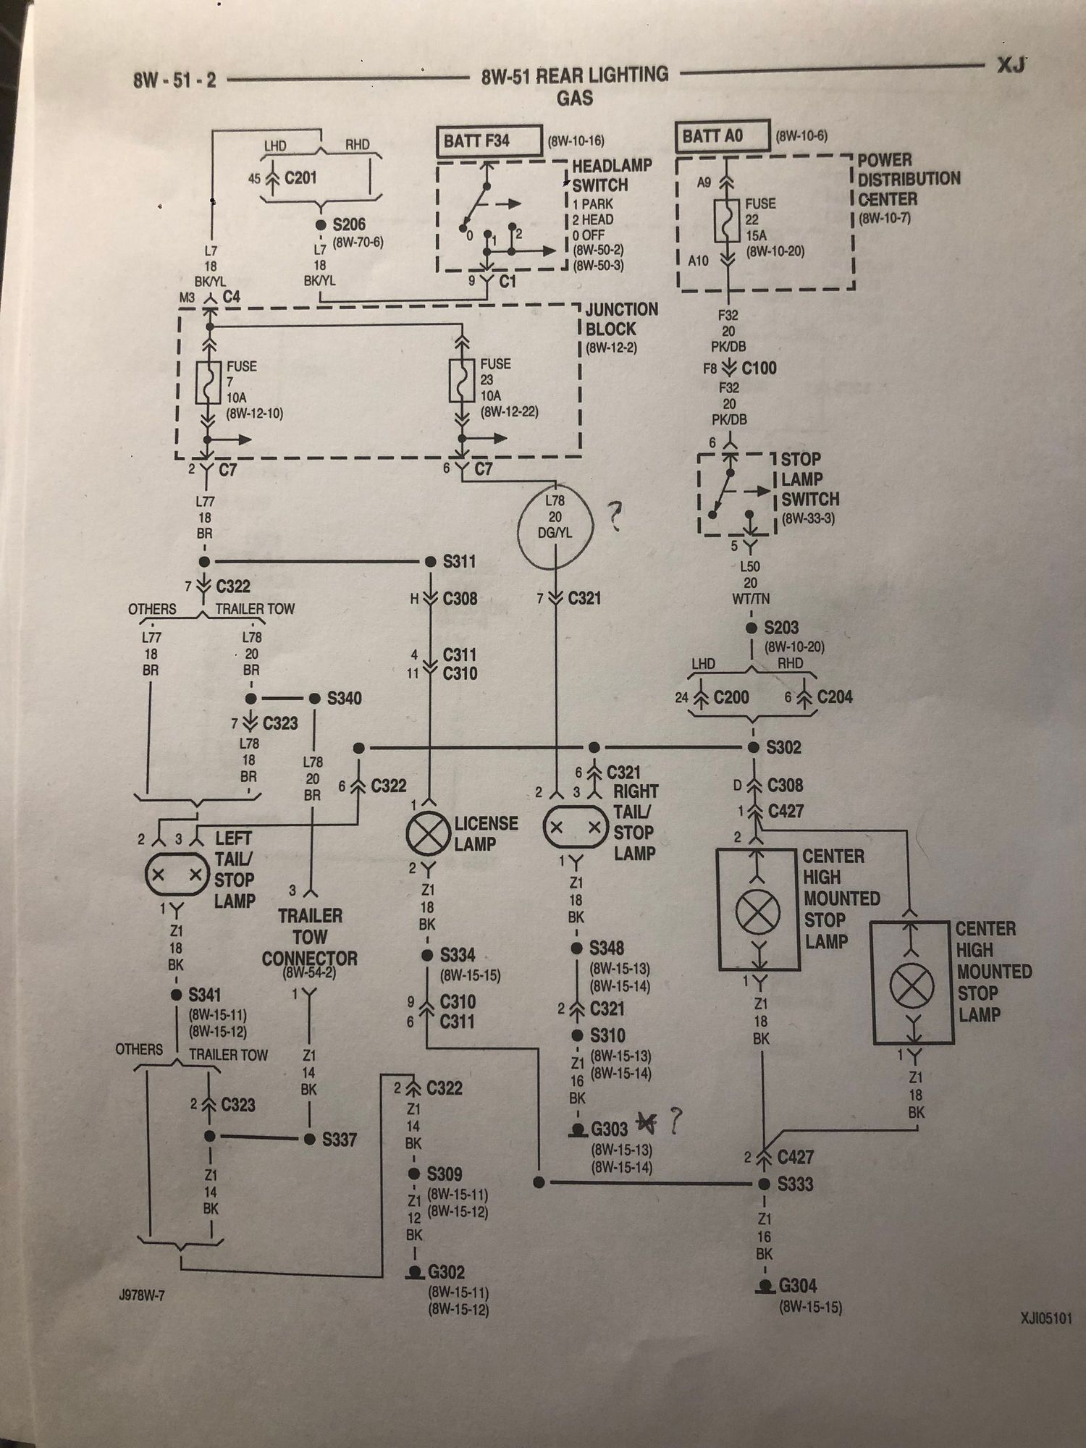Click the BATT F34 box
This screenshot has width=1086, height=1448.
489,141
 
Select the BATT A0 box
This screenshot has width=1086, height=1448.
722,136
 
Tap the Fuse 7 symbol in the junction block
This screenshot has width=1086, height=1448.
209,383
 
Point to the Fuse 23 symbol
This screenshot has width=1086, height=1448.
461,380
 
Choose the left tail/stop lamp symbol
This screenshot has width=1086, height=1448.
177,875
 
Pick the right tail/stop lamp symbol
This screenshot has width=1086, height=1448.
576,827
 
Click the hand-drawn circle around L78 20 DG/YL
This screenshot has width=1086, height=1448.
556,522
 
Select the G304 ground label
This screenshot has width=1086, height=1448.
798,1286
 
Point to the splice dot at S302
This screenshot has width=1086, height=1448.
753,747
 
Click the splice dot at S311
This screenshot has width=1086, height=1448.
429,562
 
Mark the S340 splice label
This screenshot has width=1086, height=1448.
344,699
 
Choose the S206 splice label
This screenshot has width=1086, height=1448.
349,224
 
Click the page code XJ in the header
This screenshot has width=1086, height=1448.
1011,65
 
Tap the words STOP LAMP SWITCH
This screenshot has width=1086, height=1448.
809,479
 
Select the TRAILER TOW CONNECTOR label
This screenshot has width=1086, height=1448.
310,937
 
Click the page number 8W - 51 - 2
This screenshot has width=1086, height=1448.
174,80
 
